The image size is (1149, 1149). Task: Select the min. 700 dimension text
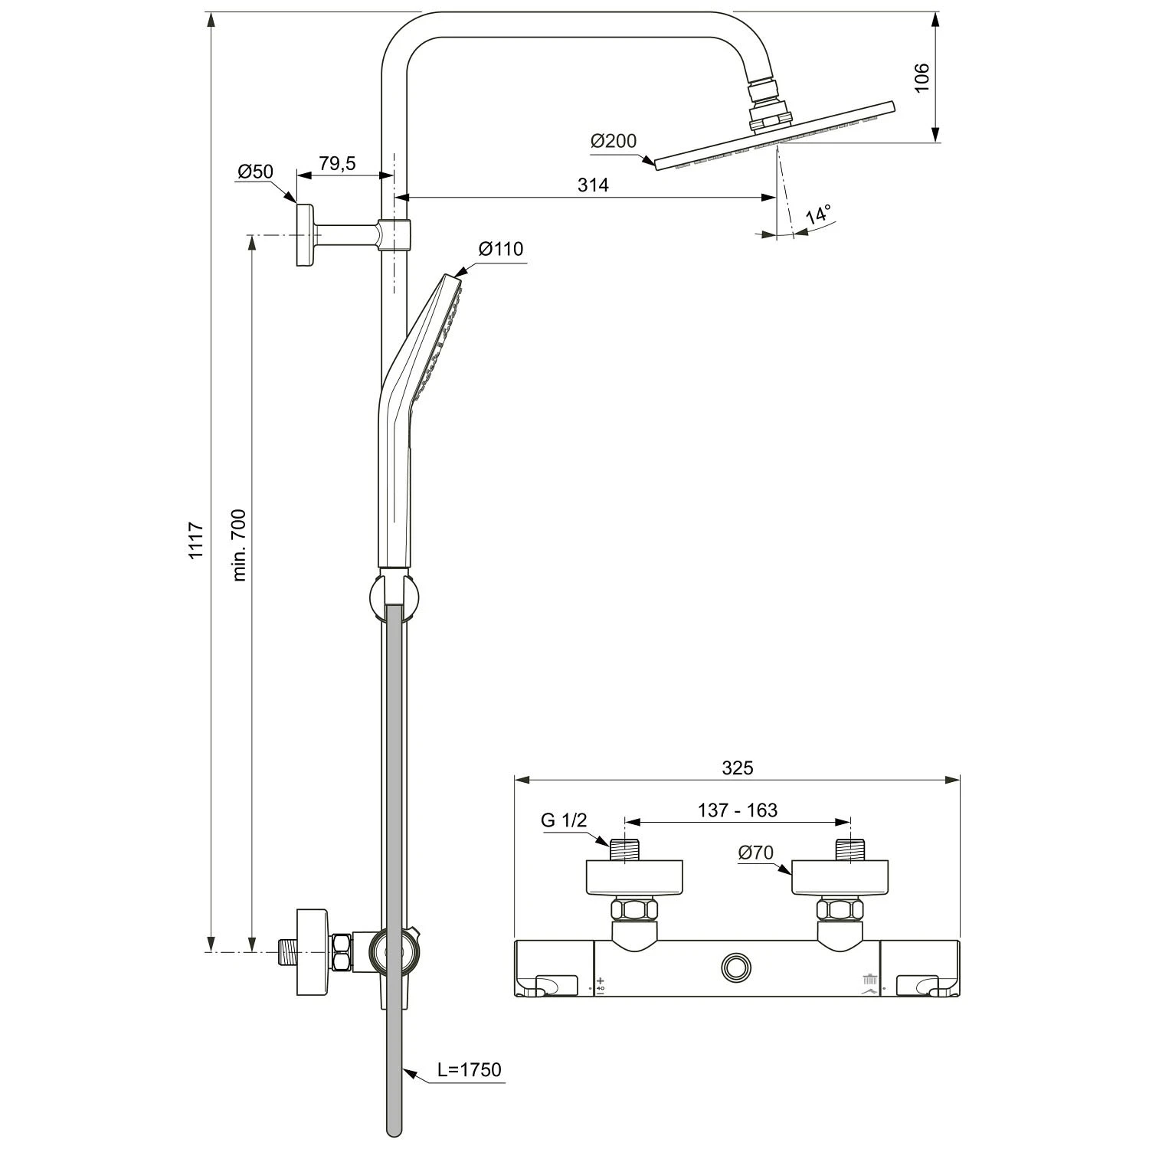[239, 544]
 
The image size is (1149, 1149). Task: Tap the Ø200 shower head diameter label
[613, 141]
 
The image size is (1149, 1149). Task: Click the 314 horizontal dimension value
[593, 185]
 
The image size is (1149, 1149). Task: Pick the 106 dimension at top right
[921, 77]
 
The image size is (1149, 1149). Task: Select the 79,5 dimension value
[338, 163]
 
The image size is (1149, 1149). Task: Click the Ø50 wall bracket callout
[255, 172]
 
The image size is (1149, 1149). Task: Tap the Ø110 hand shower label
[500, 249]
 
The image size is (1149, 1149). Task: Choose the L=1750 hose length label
[469, 1069]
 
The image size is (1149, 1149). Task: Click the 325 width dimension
[737, 768]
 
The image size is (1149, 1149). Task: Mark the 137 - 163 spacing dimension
[737, 810]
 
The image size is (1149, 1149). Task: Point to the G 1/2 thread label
[564, 820]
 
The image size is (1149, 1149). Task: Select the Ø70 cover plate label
[755, 853]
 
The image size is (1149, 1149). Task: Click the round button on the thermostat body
[737, 967]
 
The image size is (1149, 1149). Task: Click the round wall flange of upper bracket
[306, 235]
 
